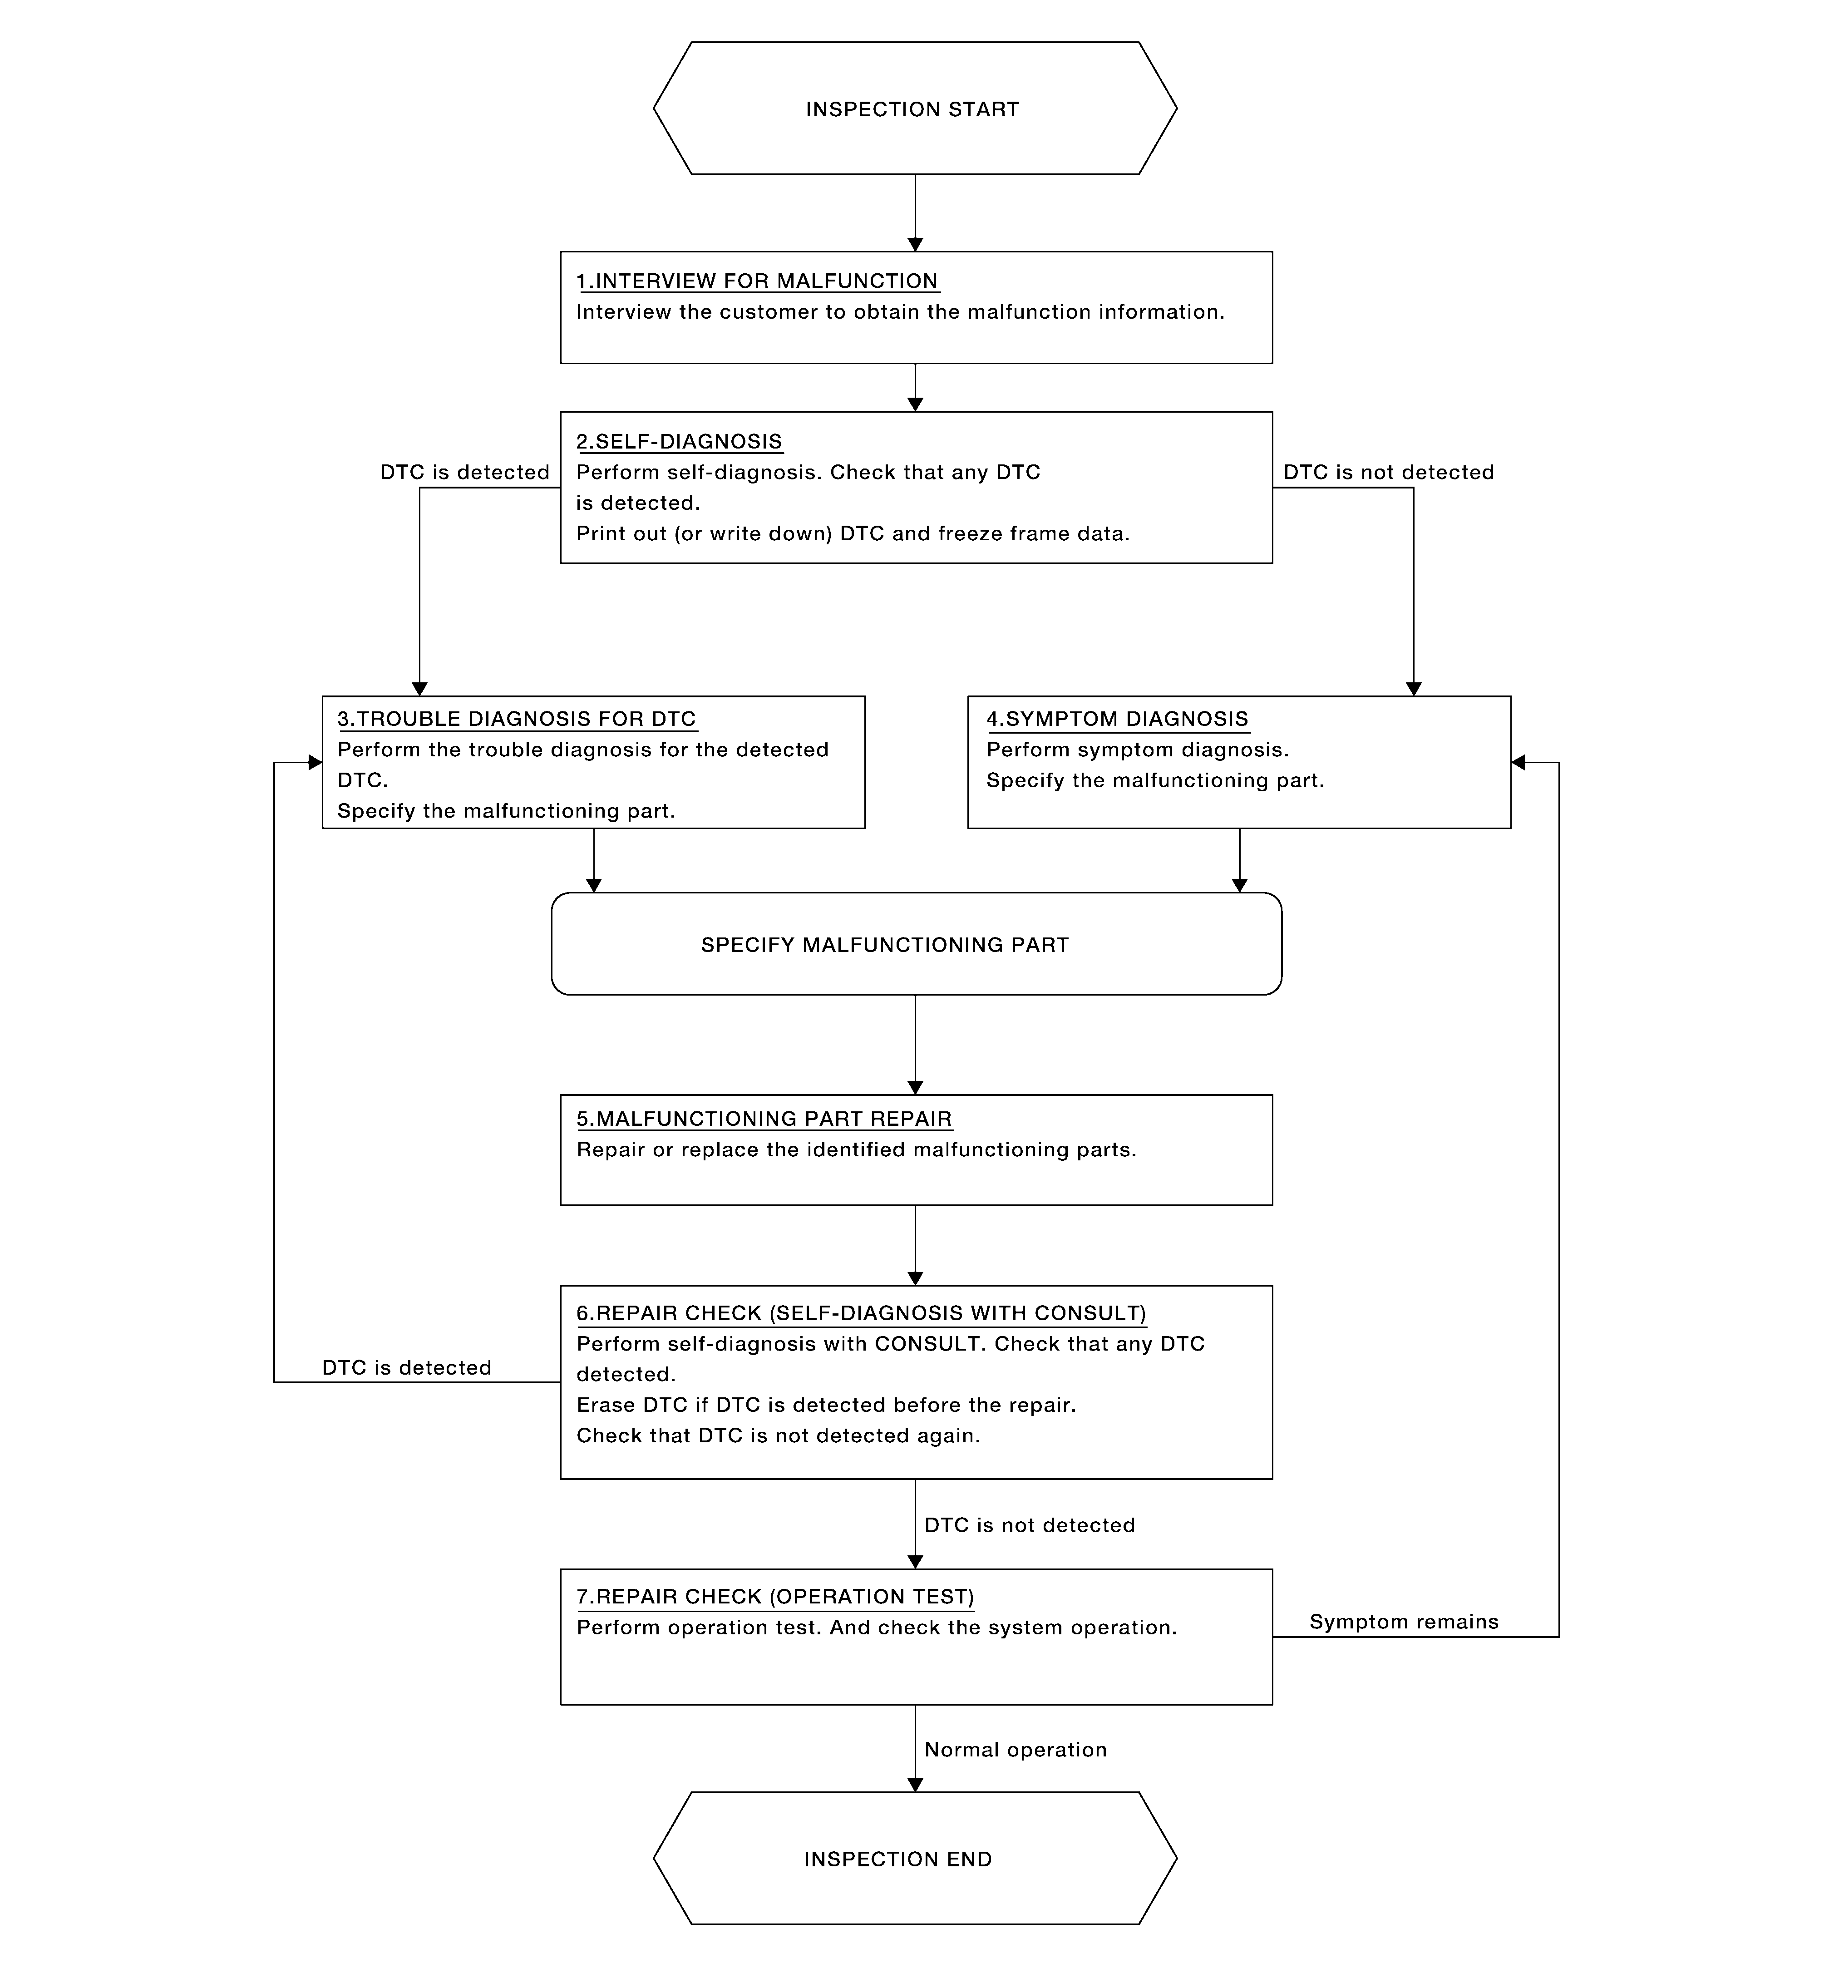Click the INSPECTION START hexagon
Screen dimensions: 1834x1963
(915, 109)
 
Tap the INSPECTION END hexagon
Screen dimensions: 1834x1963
(915, 1858)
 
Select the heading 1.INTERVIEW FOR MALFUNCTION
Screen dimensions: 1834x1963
(758, 281)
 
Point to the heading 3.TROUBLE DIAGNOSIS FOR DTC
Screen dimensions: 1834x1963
(517, 719)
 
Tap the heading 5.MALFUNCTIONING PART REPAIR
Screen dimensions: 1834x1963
(764, 1119)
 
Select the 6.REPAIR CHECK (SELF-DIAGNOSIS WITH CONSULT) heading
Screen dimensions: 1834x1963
(861, 1313)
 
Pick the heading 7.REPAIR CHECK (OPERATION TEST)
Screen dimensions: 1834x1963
(775, 1597)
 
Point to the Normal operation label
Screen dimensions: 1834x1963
(1015, 1750)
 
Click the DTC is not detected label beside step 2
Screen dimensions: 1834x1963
(1389, 472)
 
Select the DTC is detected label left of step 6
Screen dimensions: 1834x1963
(407, 1367)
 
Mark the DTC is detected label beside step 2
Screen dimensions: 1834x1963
(465, 472)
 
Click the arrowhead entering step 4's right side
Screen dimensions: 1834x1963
(1518, 762)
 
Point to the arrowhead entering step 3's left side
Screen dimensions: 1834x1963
(315, 762)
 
